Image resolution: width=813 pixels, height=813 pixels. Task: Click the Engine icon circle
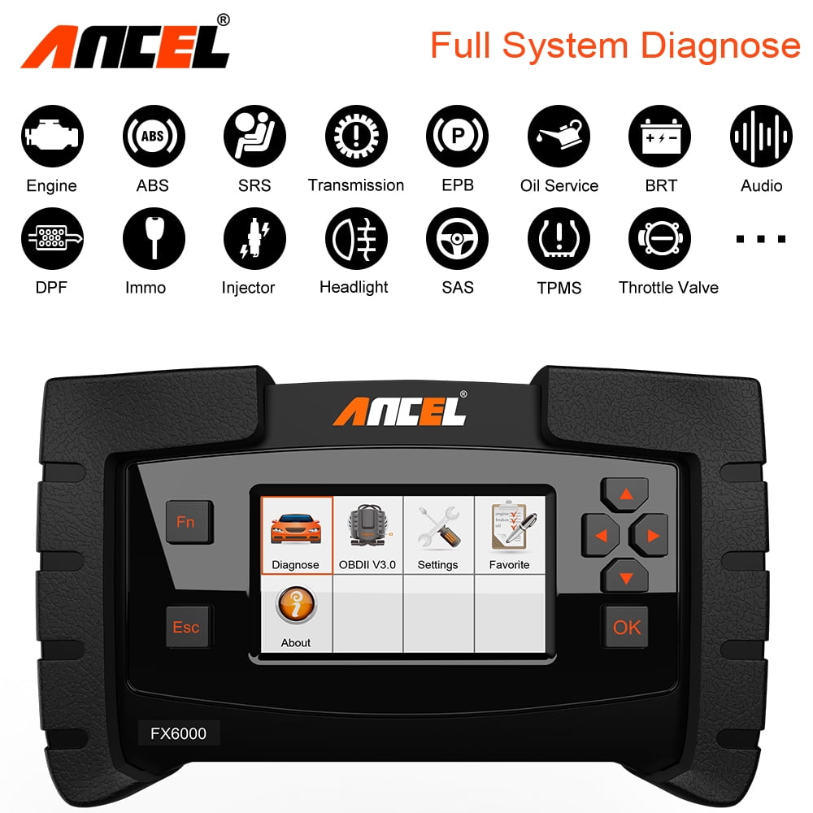pos(51,137)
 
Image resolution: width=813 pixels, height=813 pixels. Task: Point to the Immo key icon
pos(153,238)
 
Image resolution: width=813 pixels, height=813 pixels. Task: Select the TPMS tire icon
pos(559,238)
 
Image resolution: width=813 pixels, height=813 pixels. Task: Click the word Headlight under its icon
pos(354,287)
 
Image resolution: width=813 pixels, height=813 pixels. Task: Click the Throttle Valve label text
pos(668,287)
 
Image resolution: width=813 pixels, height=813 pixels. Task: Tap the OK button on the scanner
pos(626,627)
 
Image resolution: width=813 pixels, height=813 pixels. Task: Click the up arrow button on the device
pos(625,494)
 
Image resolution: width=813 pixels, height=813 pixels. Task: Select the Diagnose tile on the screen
pos(296,535)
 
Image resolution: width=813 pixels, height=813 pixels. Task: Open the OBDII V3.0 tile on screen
pos(367,535)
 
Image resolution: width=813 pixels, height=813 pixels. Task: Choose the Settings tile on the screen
pos(438,535)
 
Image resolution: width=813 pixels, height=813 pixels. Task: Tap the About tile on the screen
pos(296,614)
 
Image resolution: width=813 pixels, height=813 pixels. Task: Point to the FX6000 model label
pos(178,733)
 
